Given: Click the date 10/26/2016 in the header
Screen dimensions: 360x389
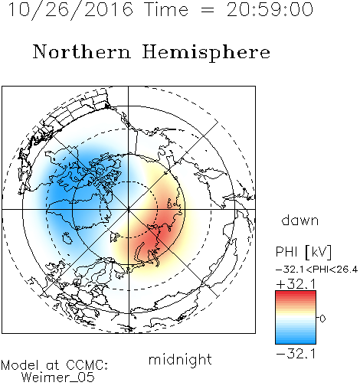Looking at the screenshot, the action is pos(70,10).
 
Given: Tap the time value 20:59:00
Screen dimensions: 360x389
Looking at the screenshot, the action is pos(270,10).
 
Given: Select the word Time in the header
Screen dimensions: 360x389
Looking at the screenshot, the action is pos(166,10).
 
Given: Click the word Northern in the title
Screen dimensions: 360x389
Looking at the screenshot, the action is pos(82,51).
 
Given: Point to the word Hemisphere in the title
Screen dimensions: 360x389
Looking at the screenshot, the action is pos(206,53).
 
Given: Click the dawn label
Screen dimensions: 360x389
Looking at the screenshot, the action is pos(300,220).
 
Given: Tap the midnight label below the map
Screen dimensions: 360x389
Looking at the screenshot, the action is pos(180,360).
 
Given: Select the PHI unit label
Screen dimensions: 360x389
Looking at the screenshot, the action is pos(303,252).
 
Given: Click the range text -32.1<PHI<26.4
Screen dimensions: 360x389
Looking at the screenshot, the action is pos(316,270).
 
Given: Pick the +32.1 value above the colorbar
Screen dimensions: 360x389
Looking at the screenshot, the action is pos(296,284).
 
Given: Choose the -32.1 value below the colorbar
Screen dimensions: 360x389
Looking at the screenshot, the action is pos(296,354).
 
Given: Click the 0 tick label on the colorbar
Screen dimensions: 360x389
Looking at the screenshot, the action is pos(322,319).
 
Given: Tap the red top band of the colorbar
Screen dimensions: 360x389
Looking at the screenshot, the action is pos(296,293).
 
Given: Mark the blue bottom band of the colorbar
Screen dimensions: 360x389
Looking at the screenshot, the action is pos(296,342).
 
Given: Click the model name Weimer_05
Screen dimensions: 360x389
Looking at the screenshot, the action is pos(58,378).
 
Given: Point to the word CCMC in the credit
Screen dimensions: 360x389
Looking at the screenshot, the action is pos(87,365).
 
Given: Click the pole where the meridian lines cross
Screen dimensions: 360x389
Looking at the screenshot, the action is pos(129,209).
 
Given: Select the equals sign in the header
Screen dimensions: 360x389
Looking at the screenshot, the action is pos(208,10).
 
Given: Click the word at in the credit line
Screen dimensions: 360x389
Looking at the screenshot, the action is pos(53,366).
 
